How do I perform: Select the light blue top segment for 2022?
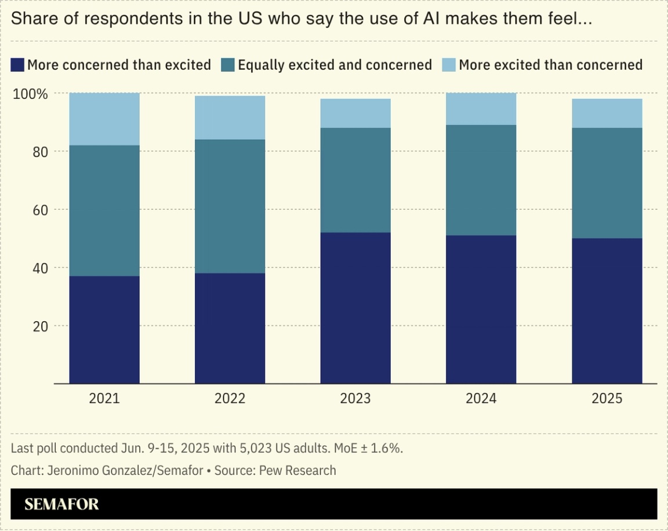tap(230, 118)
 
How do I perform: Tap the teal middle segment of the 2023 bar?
tap(355, 180)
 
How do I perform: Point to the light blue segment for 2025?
tap(607, 113)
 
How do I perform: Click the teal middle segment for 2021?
tap(104, 210)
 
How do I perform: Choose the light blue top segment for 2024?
tap(481, 109)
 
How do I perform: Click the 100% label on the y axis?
tap(30, 94)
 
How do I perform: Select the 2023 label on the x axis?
tap(355, 399)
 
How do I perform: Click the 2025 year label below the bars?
tap(607, 399)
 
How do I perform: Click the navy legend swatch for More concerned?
tap(17, 64)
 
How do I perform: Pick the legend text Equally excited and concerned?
tap(335, 64)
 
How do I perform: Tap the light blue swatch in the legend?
tap(449, 64)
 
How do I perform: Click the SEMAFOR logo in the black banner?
tap(61, 504)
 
